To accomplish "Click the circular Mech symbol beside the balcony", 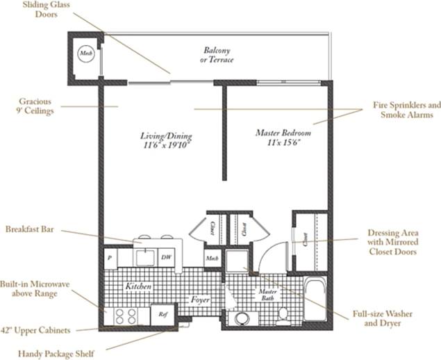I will click(85, 53).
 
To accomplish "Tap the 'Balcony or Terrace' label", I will click(217, 55).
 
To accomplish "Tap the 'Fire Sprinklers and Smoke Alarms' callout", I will click(407, 110).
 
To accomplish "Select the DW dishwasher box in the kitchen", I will click(167, 257).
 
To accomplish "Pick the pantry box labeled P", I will click(110, 257).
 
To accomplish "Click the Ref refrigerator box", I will click(163, 315).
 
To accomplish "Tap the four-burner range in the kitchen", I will click(125, 316).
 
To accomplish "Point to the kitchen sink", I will click(144, 257).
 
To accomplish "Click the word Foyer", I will click(201, 300).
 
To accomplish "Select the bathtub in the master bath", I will click(317, 300).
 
